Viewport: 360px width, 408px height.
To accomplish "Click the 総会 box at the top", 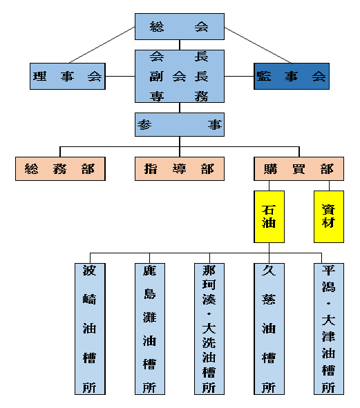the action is pos(180,26).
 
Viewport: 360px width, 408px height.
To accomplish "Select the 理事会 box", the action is pos(68,76).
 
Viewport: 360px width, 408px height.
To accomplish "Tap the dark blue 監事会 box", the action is pos(292,76).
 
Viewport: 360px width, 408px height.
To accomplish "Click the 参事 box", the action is pos(180,125).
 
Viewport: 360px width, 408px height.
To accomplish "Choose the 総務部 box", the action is pos(60,168).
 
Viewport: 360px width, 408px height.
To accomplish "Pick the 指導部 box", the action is pos(180,168).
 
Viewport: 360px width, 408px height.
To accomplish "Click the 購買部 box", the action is pos(299,168).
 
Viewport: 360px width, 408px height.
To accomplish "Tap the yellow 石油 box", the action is pos(269,217).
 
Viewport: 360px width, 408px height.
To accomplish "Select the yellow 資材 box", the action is pos(329,217).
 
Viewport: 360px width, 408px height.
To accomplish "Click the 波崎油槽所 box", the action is pos(90,329).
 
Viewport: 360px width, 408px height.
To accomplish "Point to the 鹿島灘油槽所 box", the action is pos(150,329).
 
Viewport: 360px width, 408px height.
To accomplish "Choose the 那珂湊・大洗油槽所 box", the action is pos(209,329).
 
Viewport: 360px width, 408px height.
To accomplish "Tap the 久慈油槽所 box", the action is pos(269,329).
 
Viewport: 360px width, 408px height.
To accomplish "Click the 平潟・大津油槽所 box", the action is pos(329,329).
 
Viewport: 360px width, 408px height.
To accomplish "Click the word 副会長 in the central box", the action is pos(179,77).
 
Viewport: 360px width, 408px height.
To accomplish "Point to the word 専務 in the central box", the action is pos(179,96).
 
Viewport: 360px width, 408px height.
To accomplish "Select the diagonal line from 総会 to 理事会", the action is pos(102,45).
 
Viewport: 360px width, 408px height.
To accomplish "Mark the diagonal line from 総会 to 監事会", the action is pos(258,46).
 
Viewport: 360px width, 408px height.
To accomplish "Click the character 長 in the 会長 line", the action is pos(201,57).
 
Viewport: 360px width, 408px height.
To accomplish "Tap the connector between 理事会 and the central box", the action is pos(120,76).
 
